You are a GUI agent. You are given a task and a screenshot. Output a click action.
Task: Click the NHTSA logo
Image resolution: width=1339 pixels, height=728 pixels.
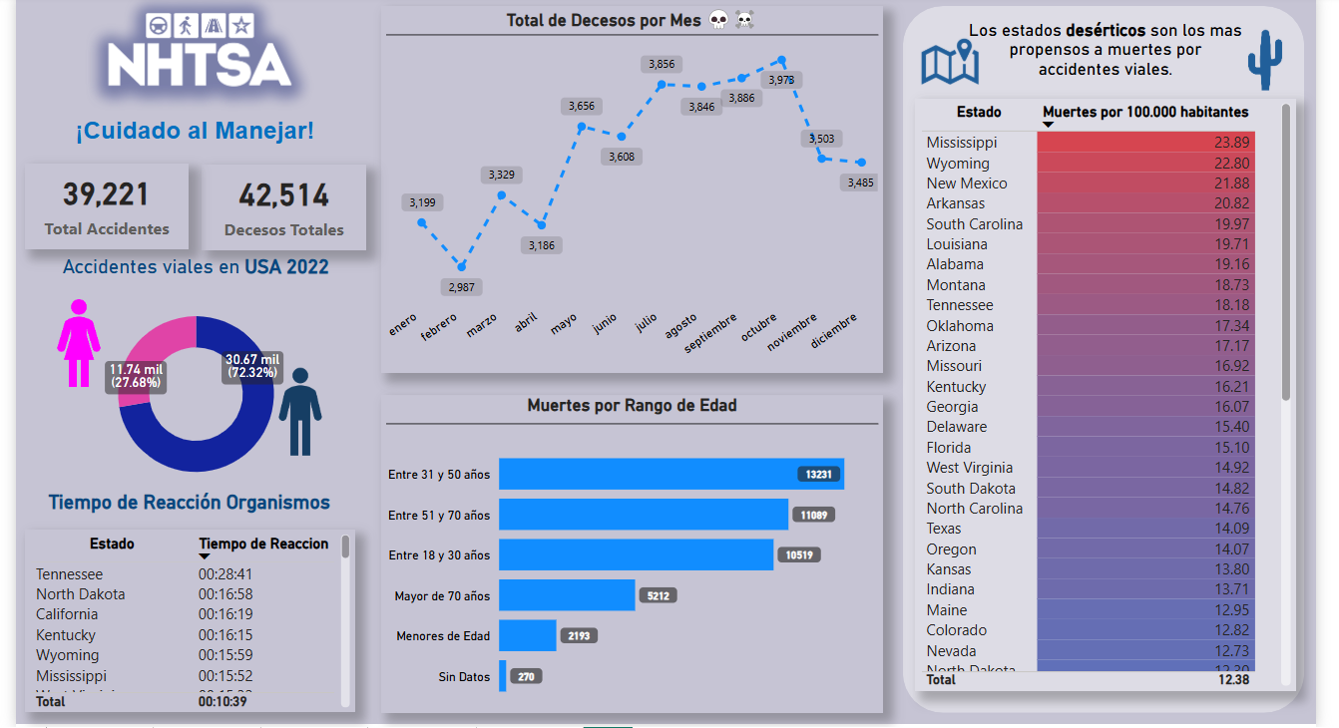tap(200, 55)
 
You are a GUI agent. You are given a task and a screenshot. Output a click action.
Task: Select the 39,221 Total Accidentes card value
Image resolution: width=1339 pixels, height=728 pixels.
tap(106, 194)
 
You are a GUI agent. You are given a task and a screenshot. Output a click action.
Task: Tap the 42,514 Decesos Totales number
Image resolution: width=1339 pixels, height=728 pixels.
tap(283, 195)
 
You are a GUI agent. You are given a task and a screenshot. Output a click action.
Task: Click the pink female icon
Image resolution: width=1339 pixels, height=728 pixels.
tap(78, 343)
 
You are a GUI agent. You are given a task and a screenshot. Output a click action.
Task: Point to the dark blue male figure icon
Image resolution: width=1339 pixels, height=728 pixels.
tap(299, 411)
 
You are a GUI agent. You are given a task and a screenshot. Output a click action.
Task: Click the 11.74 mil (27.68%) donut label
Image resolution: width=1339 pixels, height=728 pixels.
tap(137, 376)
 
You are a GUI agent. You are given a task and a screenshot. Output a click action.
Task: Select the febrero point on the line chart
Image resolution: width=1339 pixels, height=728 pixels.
tap(461, 266)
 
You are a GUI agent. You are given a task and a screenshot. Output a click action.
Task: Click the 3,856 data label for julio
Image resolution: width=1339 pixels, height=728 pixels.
tap(662, 64)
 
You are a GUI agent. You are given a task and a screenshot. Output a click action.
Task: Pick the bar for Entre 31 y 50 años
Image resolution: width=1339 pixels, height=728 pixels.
tap(670, 474)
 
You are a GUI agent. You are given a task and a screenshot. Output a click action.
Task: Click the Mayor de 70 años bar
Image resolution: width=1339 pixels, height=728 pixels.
tap(567, 595)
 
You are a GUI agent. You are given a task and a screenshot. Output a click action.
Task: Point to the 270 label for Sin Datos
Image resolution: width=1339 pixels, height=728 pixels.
tap(526, 676)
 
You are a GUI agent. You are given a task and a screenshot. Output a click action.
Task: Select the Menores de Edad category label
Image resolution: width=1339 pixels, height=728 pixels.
tap(443, 636)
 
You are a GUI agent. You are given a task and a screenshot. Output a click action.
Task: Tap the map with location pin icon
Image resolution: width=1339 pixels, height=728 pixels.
tap(950, 62)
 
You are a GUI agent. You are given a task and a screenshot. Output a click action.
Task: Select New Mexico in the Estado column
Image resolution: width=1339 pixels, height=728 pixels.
tap(966, 183)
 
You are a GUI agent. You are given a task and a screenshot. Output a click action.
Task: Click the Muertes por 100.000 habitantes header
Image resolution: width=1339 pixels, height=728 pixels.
tap(1144, 112)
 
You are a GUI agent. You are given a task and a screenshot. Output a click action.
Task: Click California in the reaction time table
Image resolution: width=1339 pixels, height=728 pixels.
tap(67, 614)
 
